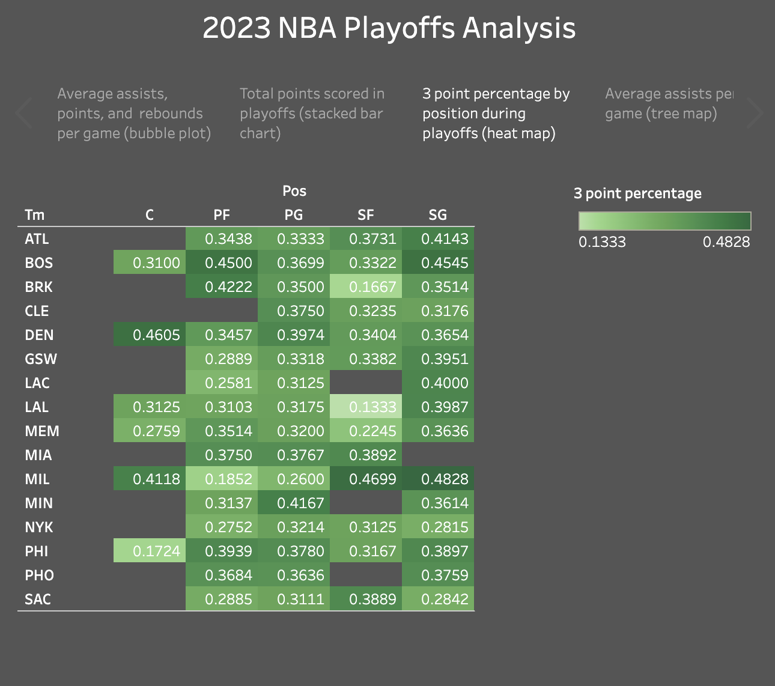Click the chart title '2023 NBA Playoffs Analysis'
(x=389, y=28)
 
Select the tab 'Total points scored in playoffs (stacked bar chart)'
(x=312, y=113)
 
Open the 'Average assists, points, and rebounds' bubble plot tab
(x=133, y=113)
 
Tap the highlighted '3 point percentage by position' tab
(x=496, y=113)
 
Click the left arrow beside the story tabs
(x=23, y=113)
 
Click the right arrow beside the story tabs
(x=754, y=113)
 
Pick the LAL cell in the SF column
(x=366, y=407)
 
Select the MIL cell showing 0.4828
(x=438, y=479)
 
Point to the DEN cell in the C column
(x=150, y=335)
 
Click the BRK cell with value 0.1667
(x=366, y=287)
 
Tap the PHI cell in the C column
(x=150, y=551)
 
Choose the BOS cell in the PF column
(x=222, y=263)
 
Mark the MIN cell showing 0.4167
(x=294, y=503)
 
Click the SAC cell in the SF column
(x=366, y=599)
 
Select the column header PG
(x=294, y=215)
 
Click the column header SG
(x=438, y=215)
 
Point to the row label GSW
(x=41, y=359)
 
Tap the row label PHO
(x=40, y=575)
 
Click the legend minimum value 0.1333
(x=602, y=242)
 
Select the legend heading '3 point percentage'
(x=637, y=193)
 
